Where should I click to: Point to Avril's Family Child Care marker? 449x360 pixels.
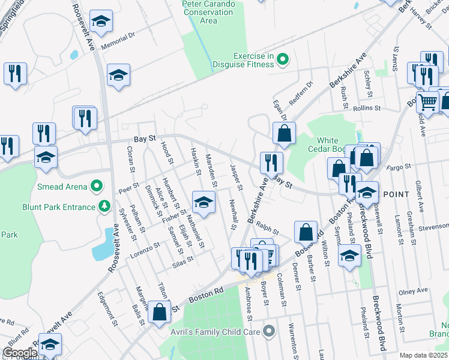pyautogui.click(x=268, y=329)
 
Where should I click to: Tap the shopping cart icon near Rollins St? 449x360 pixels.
pyautogui.click(x=427, y=102)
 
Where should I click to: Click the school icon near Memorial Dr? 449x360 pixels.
pyautogui.click(x=103, y=21)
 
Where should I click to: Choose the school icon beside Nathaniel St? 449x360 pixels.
pyautogui.click(x=203, y=202)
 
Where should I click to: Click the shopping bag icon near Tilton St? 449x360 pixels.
pyautogui.click(x=160, y=313)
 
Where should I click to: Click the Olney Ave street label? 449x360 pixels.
pyautogui.click(x=414, y=291)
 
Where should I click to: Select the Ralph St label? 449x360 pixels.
pyautogui.click(x=268, y=229)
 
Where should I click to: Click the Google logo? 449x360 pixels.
pyautogui.click(x=20, y=353)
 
